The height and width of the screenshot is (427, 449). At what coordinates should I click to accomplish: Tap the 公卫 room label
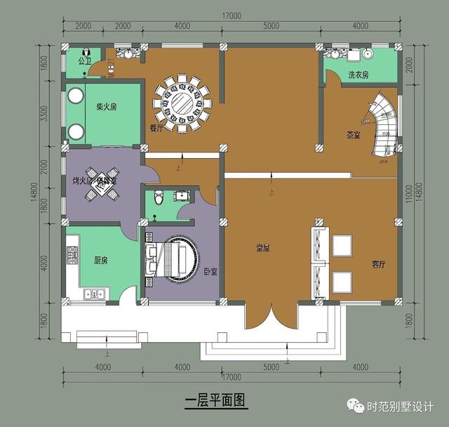click(86, 61)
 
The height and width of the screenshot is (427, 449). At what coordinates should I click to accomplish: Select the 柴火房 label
click(106, 107)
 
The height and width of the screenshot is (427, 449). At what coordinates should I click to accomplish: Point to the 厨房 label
click(101, 260)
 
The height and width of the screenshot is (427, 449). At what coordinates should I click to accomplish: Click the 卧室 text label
click(210, 271)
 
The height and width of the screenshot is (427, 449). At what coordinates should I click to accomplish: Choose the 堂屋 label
click(264, 248)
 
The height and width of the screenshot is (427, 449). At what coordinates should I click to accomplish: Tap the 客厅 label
click(378, 265)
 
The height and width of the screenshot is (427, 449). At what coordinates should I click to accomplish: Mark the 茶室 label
click(354, 135)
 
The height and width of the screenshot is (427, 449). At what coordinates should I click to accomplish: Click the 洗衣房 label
click(358, 75)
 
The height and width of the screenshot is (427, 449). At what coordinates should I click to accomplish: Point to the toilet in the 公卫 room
click(86, 52)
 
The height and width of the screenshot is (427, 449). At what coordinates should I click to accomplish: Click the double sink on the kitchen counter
click(93, 294)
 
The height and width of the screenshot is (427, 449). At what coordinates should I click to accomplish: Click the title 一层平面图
click(216, 401)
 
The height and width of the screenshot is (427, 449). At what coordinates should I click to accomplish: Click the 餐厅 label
click(156, 129)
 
